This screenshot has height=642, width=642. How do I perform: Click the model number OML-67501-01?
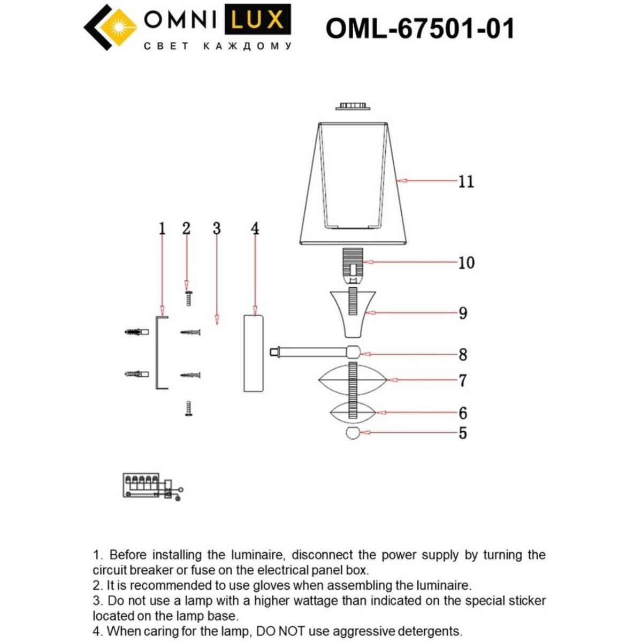(419, 28)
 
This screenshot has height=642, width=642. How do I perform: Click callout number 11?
(466, 181)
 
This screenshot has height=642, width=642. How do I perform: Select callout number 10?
(466, 263)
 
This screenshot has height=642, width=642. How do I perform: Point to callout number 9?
(463, 313)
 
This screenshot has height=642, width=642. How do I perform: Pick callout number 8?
(463, 354)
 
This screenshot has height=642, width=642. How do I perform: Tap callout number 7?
(463, 380)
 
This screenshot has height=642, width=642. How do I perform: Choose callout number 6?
(463, 413)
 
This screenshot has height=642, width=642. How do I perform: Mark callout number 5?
(463, 433)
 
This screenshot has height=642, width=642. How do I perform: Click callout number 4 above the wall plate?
(255, 228)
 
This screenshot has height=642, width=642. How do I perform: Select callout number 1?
(162, 228)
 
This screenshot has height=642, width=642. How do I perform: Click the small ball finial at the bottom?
(353, 433)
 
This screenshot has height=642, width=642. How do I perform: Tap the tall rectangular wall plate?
(255, 353)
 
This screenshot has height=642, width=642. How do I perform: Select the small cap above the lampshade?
(353, 106)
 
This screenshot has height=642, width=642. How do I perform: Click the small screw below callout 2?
(188, 298)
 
